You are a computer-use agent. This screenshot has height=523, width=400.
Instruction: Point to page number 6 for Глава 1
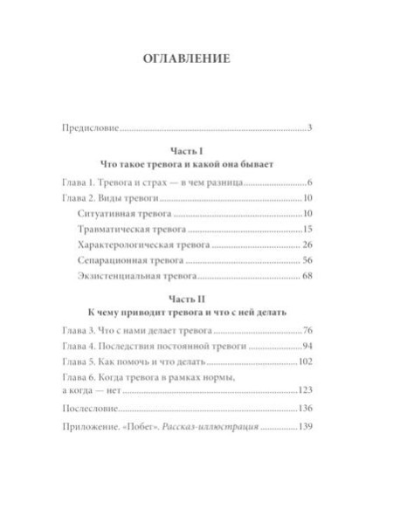click(x=310, y=184)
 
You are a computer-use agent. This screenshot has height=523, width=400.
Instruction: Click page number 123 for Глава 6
click(x=305, y=389)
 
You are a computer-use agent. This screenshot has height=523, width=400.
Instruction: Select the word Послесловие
click(x=91, y=407)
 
